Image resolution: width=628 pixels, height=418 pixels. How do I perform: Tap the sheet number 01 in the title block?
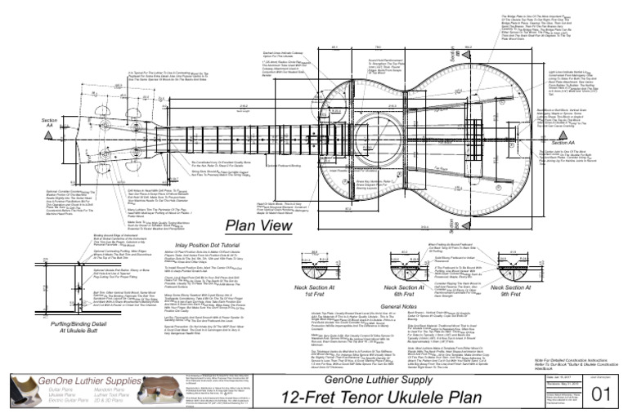point(600,395)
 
